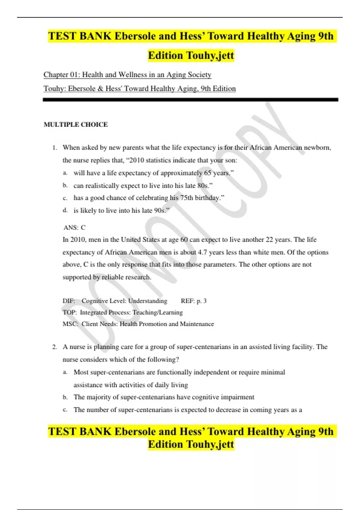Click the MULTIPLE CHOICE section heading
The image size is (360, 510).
coord(76,124)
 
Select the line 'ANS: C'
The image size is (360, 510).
coord(74,227)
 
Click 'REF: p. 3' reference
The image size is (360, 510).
coord(193,301)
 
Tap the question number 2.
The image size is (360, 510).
coord(54,347)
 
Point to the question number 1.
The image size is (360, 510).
coord(54,148)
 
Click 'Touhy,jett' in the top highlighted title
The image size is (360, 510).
coord(210,55)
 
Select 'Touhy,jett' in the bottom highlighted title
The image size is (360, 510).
coord(210,444)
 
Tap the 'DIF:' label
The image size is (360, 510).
coord(69,301)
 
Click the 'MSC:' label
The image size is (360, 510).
coord(70,324)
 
